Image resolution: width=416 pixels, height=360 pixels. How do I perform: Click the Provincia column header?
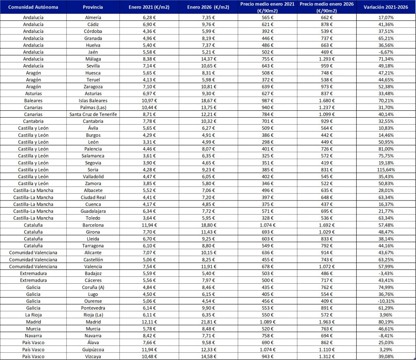93,7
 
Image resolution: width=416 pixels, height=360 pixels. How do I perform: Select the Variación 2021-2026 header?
386,7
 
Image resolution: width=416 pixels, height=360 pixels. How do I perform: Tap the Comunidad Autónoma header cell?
33,7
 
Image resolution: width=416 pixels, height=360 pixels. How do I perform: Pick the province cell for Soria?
93,169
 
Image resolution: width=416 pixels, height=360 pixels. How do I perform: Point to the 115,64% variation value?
386,169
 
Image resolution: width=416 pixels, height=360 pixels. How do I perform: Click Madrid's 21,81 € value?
208,321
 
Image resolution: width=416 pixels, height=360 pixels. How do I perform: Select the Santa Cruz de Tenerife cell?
93,114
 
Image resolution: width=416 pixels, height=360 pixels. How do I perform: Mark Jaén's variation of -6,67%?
386,52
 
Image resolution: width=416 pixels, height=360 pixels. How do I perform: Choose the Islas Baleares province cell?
93,100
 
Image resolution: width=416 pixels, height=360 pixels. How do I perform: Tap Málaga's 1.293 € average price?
327,59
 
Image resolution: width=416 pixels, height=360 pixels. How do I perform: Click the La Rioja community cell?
33,314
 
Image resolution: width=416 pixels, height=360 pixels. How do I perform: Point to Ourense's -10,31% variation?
386,301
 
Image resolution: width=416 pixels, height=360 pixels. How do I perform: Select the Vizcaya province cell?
93,356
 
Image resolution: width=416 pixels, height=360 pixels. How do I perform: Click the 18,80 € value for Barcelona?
208,224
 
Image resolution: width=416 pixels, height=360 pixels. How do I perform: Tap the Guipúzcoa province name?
93,349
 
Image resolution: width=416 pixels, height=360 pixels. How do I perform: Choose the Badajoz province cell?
93,273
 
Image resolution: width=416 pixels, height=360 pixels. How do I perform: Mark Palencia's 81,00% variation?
386,149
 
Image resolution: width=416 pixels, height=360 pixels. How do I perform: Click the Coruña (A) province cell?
93,287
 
